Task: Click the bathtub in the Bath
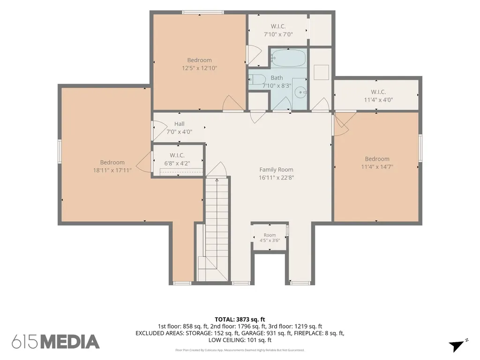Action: pos(288,58)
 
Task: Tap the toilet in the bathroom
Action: pos(257,80)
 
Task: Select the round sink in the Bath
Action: pos(300,92)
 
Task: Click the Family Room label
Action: pos(276,170)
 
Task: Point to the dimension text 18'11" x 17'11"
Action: pos(112,170)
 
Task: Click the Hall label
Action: pos(180,124)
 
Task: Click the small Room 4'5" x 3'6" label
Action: pos(270,238)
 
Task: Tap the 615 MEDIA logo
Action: pos(56,342)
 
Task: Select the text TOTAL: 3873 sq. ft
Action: pos(240,320)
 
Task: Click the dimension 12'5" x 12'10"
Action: pos(199,68)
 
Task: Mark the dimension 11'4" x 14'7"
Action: pos(377,167)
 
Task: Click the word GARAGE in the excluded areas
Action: pos(252,333)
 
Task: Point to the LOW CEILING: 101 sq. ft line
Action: pos(240,340)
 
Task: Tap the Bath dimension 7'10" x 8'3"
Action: pos(277,86)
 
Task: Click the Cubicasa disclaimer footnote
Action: pos(240,350)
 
